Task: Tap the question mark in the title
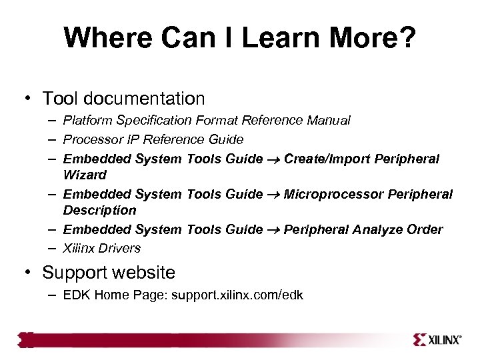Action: (407, 38)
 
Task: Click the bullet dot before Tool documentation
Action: (29, 99)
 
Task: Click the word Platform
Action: (87, 121)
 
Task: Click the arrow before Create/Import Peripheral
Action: (273, 159)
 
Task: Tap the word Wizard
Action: (85, 175)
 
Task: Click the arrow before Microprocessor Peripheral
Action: (273, 194)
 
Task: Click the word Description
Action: (99, 210)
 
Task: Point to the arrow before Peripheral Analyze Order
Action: (273, 229)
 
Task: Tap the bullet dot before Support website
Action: (29, 273)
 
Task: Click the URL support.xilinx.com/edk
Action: (237, 295)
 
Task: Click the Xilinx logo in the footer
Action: (437, 339)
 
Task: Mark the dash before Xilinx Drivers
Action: (52, 248)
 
